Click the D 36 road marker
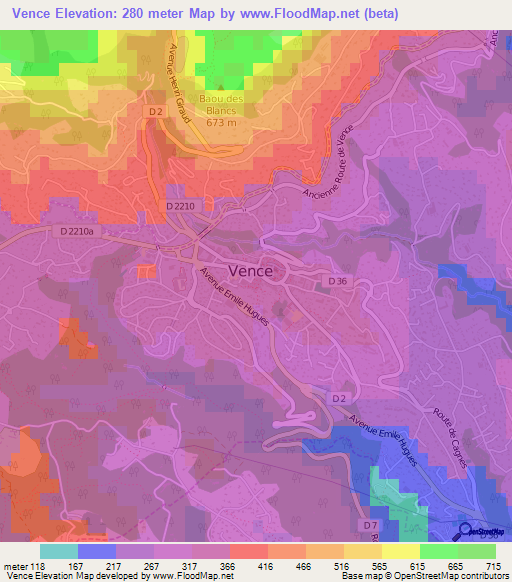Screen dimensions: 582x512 pyautogui.click(x=338, y=283)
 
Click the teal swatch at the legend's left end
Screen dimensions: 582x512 pyautogui.click(x=59, y=551)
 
